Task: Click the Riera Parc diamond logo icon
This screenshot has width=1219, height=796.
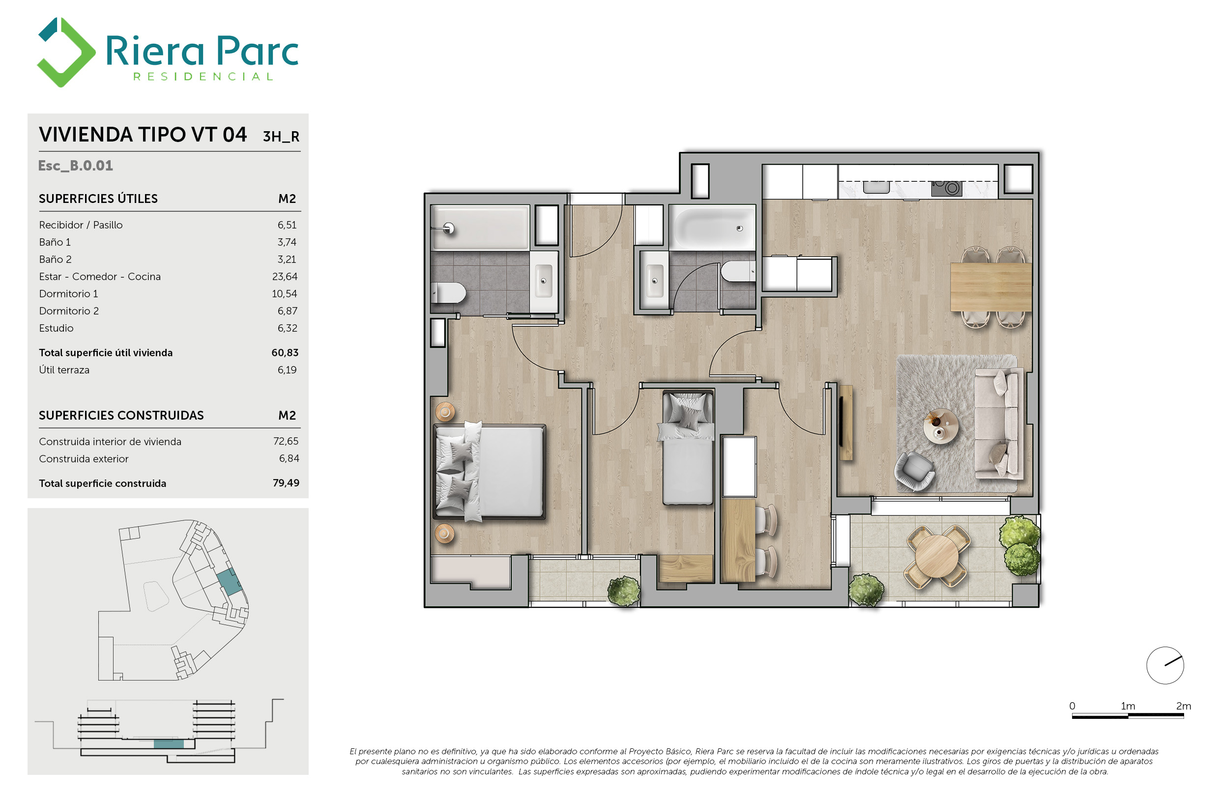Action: (66, 52)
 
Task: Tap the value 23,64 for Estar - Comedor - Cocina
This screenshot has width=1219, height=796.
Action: (284, 277)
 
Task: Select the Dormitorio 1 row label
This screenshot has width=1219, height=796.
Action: (68, 294)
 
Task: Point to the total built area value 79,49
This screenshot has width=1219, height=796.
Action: (286, 483)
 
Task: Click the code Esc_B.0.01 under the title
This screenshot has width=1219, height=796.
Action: (75, 166)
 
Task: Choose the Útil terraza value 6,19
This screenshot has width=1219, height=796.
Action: (287, 370)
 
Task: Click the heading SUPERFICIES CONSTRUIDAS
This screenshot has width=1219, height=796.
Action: (121, 415)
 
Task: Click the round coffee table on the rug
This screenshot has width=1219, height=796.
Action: (940, 426)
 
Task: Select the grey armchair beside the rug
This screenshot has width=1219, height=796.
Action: (914, 470)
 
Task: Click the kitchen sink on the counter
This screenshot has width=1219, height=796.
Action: (876, 187)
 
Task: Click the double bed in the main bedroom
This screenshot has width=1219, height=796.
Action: (489, 471)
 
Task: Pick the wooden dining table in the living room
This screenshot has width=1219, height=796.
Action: (990, 286)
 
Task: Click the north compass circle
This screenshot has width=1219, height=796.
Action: (1165, 665)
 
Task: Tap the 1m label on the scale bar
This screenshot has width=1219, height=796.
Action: (1128, 706)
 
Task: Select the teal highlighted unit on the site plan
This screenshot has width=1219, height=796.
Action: (229, 581)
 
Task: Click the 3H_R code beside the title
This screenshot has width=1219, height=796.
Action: (281, 137)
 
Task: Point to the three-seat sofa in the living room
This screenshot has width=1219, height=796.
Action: (999, 424)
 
